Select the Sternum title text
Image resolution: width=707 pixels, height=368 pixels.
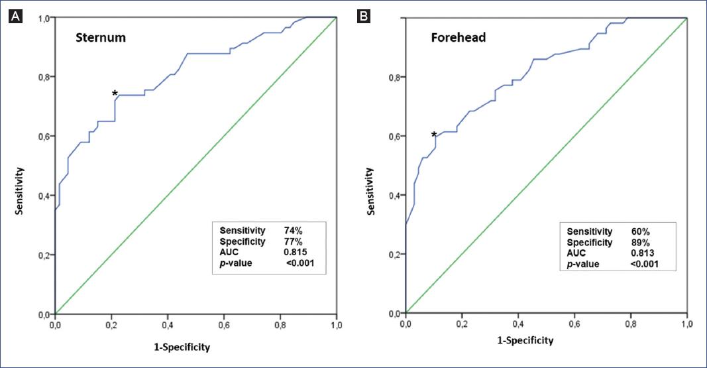coord(101,38)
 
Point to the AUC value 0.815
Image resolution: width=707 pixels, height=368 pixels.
coord(297,252)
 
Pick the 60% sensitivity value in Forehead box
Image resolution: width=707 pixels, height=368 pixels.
coord(641,231)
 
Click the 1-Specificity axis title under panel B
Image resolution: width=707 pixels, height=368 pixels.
coord(525,340)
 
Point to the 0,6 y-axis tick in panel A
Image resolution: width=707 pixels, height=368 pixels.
coord(44,137)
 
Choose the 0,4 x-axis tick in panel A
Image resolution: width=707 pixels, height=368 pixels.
coord(168,326)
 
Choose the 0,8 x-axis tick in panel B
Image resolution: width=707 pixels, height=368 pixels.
coord(630,325)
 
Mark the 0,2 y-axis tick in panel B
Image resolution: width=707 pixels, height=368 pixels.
coord(392,254)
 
